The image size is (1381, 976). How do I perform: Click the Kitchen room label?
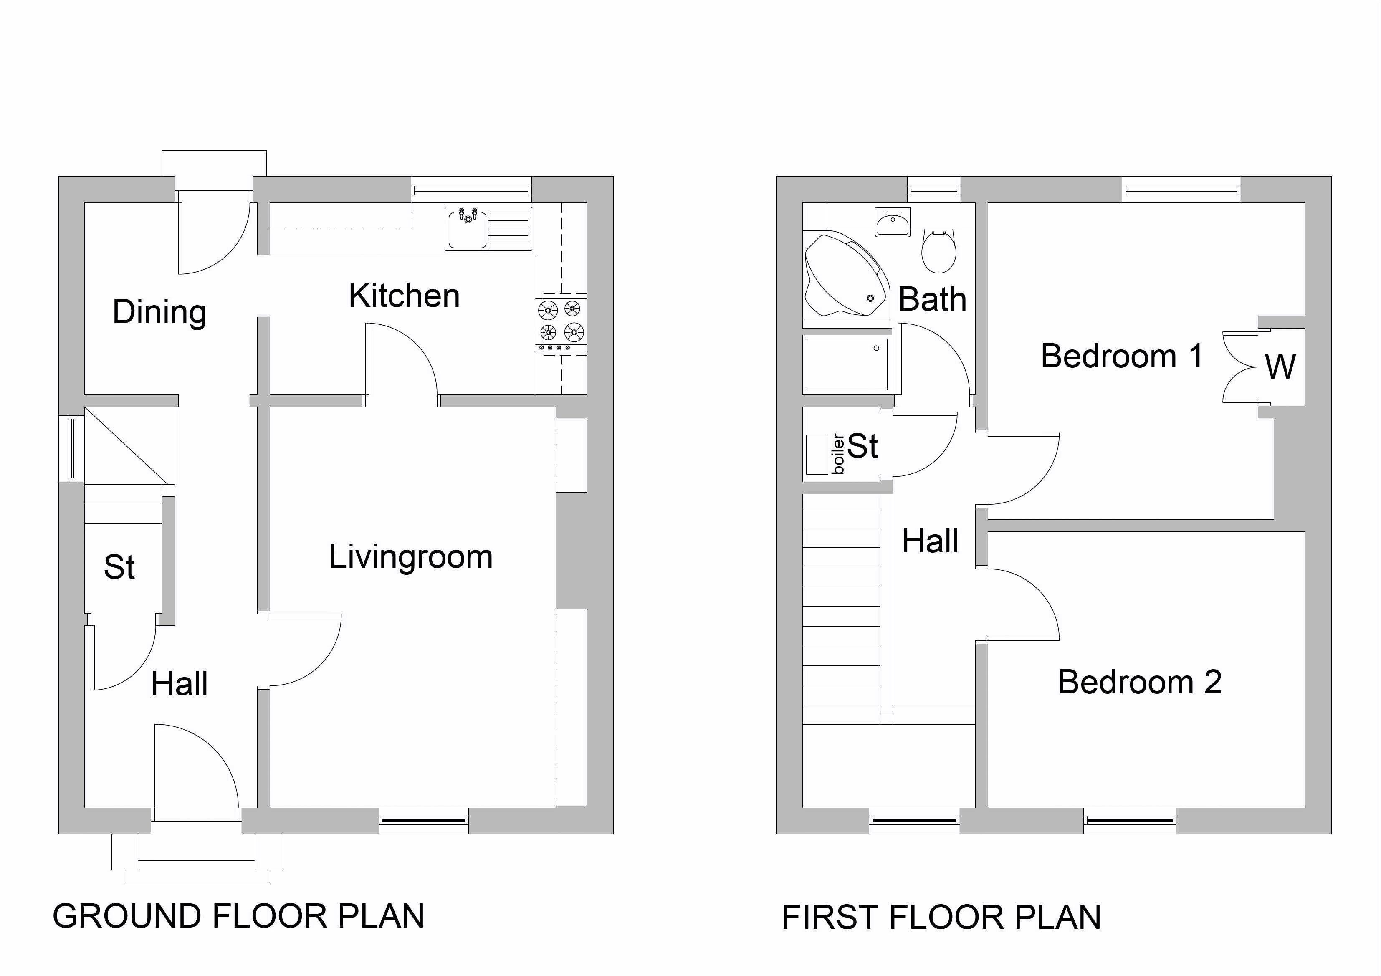(x=404, y=296)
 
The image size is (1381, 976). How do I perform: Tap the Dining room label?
(x=159, y=312)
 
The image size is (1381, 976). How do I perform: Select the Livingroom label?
(x=411, y=557)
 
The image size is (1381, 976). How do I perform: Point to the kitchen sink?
(x=488, y=228)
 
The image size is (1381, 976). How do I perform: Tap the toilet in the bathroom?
(x=938, y=251)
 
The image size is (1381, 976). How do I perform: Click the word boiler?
(x=838, y=454)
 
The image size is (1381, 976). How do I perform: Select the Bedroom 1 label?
(x=1122, y=356)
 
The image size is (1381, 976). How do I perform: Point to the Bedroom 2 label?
(x=1140, y=682)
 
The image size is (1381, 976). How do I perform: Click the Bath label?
(x=932, y=299)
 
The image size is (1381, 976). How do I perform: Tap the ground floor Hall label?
(x=179, y=684)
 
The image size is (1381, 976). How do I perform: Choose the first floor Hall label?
(x=930, y=541)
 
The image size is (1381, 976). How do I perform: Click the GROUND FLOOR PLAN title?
(x=238, y=916)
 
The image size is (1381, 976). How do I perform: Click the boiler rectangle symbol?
(x=817, y=454)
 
